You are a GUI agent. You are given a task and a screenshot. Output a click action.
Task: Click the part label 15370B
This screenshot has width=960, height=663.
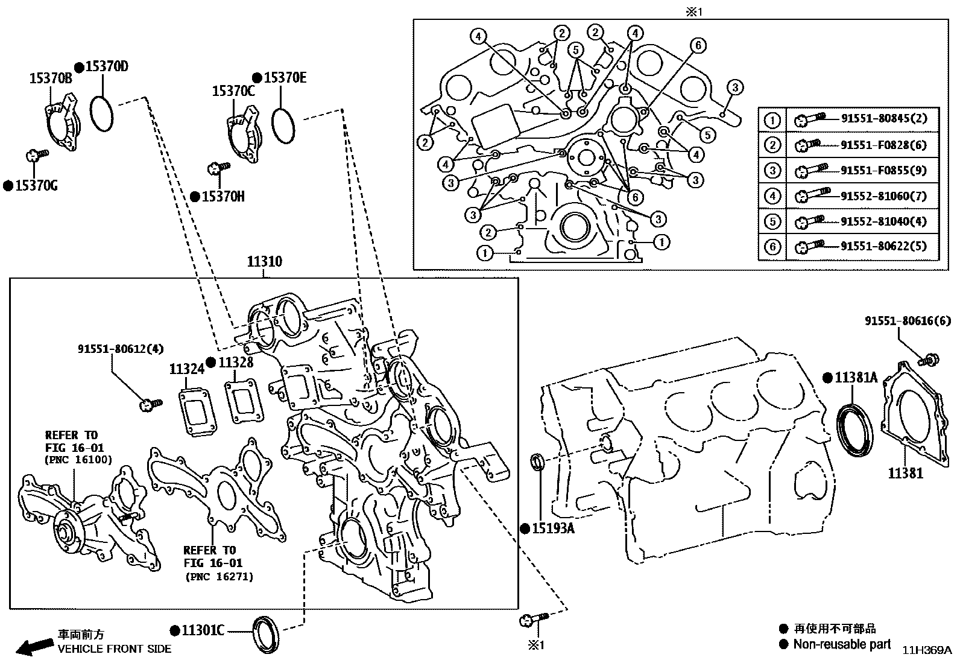(x=51, y=78)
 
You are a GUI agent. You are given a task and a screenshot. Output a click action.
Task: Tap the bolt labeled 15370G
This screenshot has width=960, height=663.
(x=33, y=156)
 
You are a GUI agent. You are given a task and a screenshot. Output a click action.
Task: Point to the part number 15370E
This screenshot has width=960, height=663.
(x=285, y=78)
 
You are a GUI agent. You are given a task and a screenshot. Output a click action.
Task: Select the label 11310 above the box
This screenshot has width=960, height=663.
(x=264, y=262)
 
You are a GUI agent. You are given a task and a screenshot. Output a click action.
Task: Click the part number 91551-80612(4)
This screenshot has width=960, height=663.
(x=121, y=349)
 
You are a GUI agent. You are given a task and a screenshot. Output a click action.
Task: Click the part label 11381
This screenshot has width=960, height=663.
(x=905, y=474)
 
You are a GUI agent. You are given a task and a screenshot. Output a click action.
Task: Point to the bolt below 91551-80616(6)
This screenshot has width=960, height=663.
(x=929, y=361)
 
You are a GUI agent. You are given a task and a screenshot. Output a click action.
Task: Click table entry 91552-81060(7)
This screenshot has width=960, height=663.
(x=883, y=196)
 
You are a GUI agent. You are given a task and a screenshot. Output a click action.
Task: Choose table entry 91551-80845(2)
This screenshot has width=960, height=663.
(x=883, y=119)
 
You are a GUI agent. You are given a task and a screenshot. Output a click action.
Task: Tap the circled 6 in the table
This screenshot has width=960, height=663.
(x=772, y=247)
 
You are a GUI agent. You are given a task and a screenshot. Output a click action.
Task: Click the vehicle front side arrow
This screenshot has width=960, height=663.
(x=33, y=647)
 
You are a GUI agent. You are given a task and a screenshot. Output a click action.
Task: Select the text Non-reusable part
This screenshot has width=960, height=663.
(x=842, y=644)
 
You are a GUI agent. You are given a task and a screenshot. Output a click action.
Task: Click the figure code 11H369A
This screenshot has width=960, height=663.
(x=926, y=650)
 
